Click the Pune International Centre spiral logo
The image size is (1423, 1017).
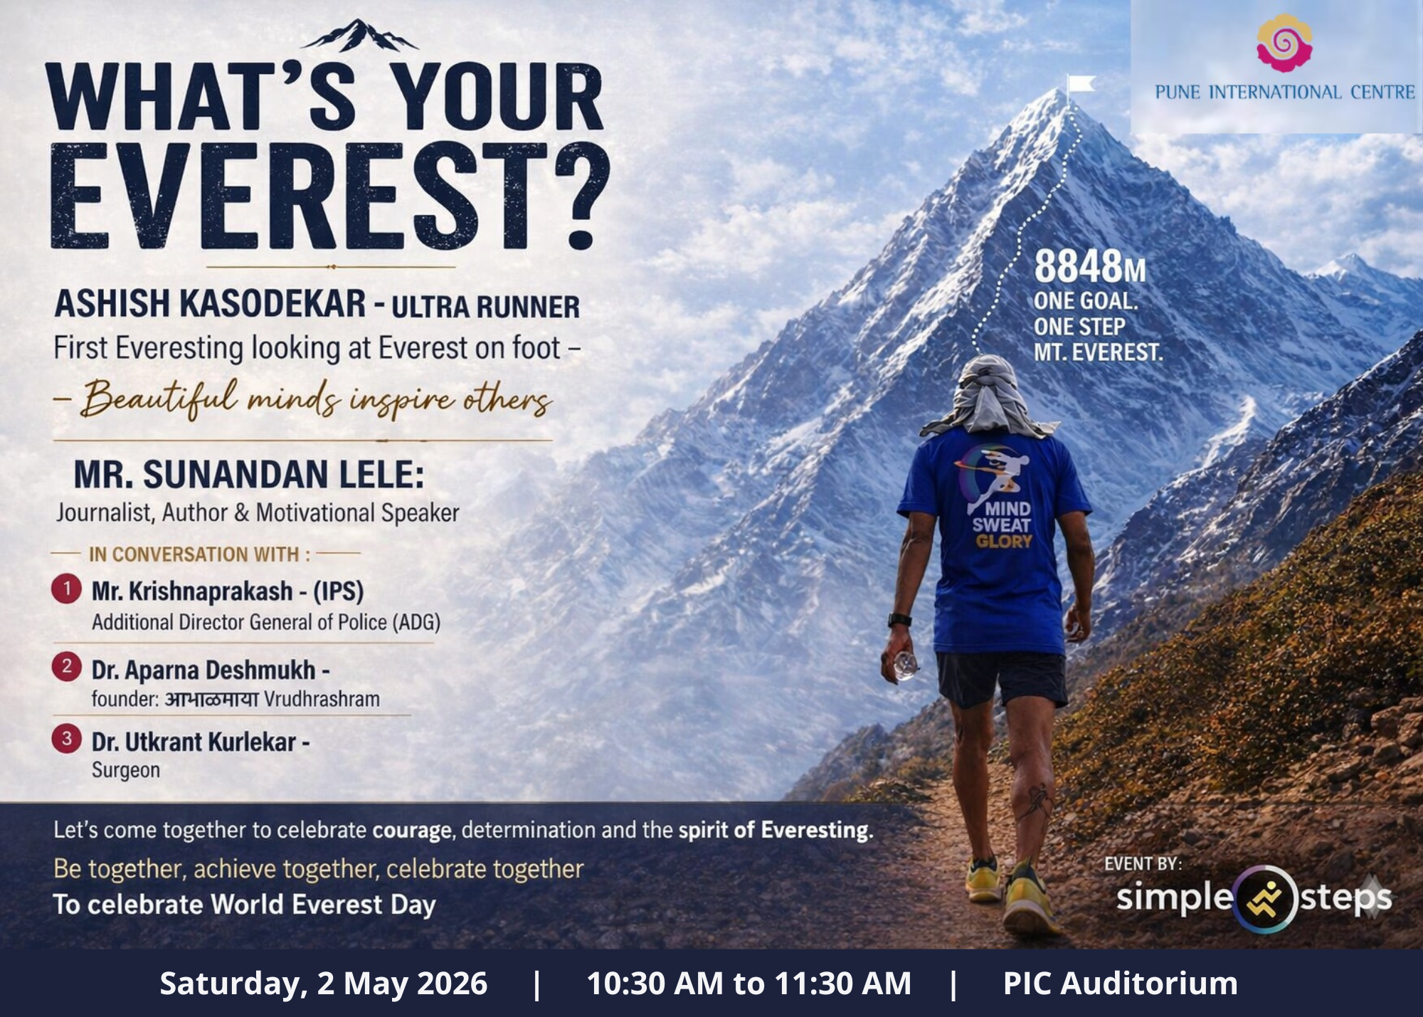click(x=1284, y=43)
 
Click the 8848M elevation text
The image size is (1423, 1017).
click(x=1090, y=266)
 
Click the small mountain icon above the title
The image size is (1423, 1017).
click(x=360, y=36)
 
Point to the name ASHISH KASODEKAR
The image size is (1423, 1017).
click(x=211, y=304)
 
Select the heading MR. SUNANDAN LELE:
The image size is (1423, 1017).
click(x=249, y=475)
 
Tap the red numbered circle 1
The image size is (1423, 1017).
click(x=66, y=589)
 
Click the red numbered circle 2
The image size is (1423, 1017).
click(x=66, y=667)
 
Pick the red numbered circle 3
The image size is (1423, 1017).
click(x=66, y=739)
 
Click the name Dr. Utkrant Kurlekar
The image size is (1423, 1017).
click(x=194, y=742)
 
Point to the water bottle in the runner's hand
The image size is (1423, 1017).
click(x=905, y=665)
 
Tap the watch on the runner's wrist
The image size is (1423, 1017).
click(x=899, y=620)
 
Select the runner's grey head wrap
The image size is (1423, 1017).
click(x=989, y=396)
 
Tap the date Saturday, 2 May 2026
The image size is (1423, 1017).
click(x=324, y=984)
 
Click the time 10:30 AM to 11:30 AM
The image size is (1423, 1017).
click(x=748, y=984)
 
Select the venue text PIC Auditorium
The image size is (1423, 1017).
click(x=1120, y=984)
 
